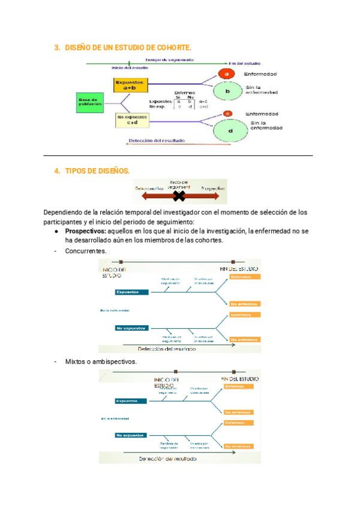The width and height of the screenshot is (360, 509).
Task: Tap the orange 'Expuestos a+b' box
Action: pyautogui.click(x=130, y=85)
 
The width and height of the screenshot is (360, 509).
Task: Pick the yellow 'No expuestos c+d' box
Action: pyautogui.click(x=131, y=119)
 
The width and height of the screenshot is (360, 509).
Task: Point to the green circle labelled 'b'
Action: pyautogui.click(x=227, y=91)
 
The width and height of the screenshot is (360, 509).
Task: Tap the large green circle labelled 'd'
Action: pyautogui.click(x=230, y=129)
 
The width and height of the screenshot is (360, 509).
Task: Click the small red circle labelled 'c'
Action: pyautogui.click(x=227, y=113)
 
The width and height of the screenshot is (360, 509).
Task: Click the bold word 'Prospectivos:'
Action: pyautogui.click(x=85, y=231)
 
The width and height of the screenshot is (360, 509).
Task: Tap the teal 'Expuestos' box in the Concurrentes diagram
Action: pyautogui.click(x=131, y=292)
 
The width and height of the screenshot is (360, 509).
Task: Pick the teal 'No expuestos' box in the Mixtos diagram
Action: pyautogui.click(x=131, y=435)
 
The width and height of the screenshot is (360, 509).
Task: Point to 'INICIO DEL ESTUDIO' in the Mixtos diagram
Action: pyautogui.click(x=166, y=383)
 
